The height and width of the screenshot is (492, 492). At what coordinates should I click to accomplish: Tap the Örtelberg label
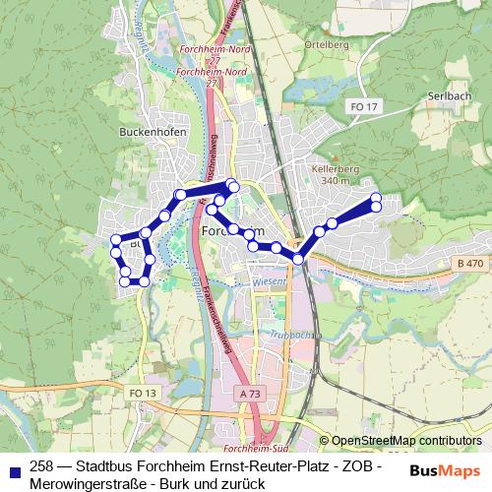tap(329, 44)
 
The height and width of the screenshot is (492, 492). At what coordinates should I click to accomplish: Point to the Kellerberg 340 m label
tap(335, 175)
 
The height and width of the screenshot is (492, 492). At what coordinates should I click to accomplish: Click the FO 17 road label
tap(363, 105)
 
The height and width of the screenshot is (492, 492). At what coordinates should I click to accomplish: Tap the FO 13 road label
tap(143, 393)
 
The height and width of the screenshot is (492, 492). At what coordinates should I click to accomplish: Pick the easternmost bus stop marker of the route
tap(376, 199)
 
